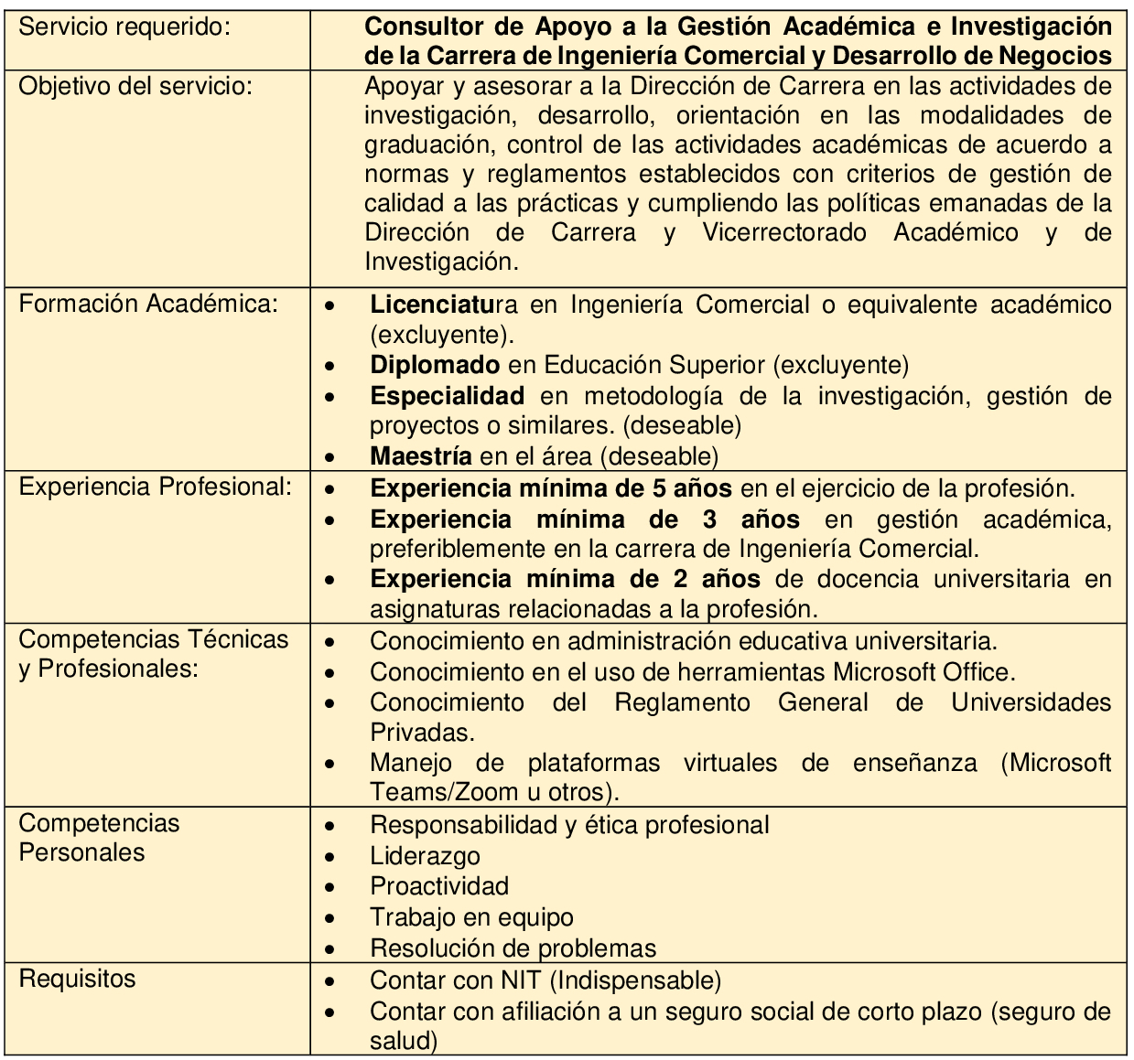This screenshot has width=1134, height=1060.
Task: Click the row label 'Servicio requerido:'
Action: tap(124, 27)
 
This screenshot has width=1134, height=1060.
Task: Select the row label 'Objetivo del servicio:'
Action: tap(135, 87)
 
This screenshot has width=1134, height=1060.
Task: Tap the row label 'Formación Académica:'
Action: tap(147, 304)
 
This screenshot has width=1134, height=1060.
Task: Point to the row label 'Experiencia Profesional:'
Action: tap(156, 487)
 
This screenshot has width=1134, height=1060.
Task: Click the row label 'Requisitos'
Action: tap(77, 979)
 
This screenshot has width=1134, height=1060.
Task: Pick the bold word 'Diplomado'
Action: tap(435, 365)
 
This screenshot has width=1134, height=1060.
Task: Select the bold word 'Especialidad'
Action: tap(447, 396)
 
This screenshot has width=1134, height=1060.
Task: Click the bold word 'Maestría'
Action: tap(421, 455)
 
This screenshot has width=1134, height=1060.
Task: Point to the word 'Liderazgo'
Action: tap(425, 856)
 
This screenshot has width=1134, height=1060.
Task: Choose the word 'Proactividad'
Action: tap(439, 886)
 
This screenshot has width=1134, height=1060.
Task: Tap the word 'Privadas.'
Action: tap(422, 732)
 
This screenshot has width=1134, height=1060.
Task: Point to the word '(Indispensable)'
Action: tap(637, 980)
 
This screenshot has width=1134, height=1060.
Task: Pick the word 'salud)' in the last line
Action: tap(404, 1041)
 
